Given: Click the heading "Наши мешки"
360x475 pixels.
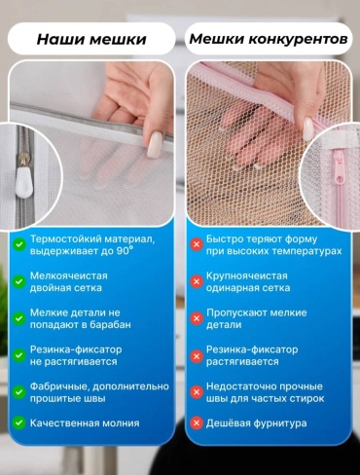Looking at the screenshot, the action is pos(91,39).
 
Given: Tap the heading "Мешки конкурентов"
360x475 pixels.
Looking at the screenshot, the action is pos(269,39).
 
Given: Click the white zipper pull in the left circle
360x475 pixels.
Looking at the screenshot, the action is pos(23,182).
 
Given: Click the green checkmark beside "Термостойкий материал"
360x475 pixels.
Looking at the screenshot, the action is pos(19,244).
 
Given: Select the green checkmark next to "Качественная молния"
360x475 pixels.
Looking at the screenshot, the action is pos(19,423).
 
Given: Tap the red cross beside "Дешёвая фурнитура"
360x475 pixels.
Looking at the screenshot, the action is pos(197,423).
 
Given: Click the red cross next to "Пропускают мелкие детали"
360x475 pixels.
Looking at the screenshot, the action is pos(197,318).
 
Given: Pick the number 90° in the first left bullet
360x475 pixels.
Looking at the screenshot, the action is pos(125,251).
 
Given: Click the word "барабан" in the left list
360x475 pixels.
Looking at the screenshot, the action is pos(110,324).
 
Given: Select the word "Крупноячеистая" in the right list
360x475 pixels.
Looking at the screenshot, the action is pos(247,275).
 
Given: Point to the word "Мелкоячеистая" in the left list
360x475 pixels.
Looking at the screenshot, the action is pos(69,275).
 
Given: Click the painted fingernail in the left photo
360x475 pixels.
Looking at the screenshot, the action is pos(155,145).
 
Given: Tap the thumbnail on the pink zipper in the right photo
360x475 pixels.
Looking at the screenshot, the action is pos(309,128).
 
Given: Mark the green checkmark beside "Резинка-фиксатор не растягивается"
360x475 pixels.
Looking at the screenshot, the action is pos(19,355).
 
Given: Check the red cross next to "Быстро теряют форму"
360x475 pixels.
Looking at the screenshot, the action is pos(197,244).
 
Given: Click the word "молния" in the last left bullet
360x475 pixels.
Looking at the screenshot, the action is pos(121,423).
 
